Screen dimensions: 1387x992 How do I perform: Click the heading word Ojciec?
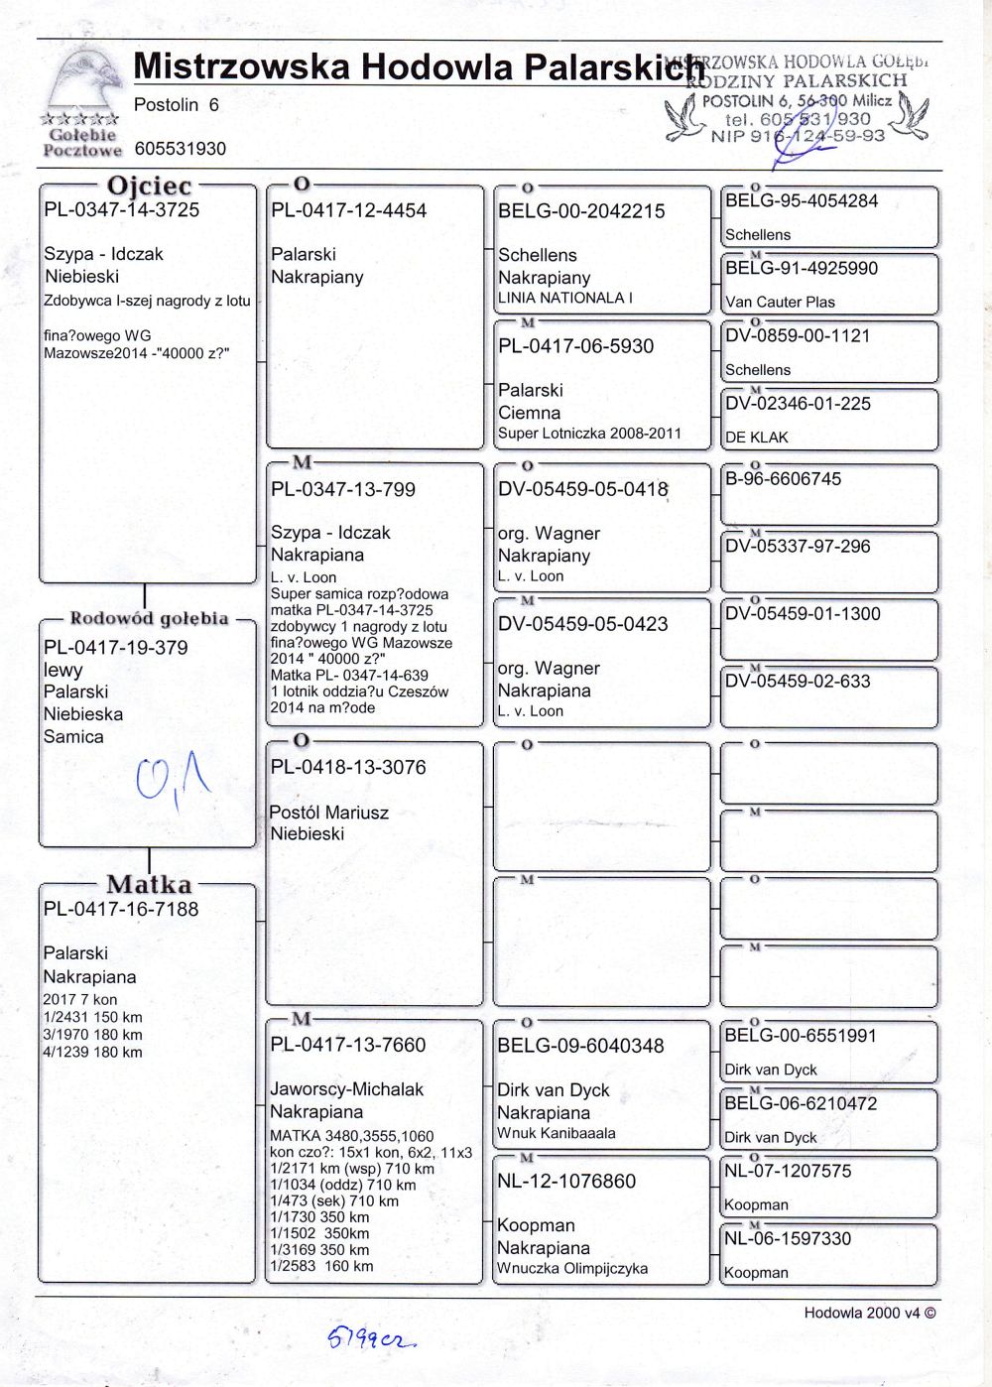[x=149, y=187]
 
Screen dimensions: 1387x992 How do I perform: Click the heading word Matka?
[x=149, y=884]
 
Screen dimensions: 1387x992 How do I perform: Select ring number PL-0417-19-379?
[x=115, y=648]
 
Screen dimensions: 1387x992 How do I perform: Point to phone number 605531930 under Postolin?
[x=180, y=149]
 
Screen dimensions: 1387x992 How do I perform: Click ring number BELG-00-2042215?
[x=580, y=211]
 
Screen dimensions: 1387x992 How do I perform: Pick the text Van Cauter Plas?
[x=780, y=303]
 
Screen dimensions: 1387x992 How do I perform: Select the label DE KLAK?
[x=756, y=438]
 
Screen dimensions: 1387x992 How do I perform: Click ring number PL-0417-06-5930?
[x=575, y=347]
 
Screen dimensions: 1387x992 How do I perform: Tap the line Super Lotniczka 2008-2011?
[x=589, y=434]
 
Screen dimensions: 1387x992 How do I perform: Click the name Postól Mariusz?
[x=329, y=813]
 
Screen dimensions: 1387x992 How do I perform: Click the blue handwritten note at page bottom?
[x=371, y=1339]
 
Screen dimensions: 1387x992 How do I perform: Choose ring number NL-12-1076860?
[x=566, y=1182]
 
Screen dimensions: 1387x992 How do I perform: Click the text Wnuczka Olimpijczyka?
[x=572, y=1269]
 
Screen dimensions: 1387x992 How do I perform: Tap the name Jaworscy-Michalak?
[x=346, y=1089]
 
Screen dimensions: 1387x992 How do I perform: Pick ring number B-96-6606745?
[x=783, y=479]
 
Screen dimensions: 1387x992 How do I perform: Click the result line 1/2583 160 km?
[x=321, y=1266]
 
